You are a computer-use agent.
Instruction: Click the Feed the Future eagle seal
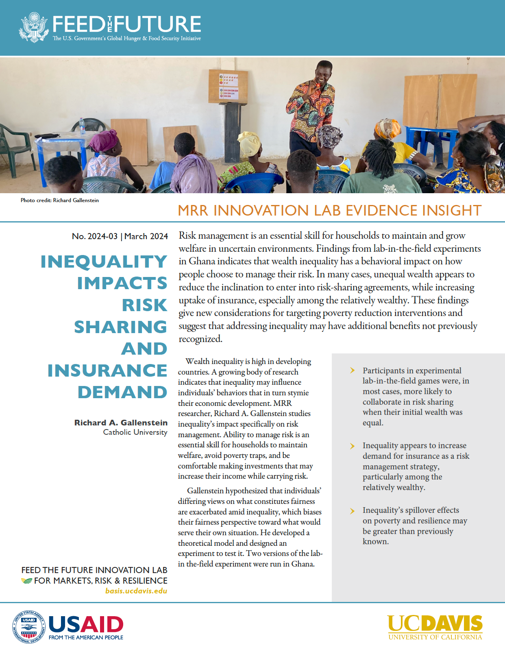tap(34, 27)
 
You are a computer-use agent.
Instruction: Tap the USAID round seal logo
tap(29, 627)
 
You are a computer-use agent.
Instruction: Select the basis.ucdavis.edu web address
tap(136, 591)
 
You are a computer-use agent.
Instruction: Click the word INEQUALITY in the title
tap(104, 262)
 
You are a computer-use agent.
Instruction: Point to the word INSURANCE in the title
tap(107, 371)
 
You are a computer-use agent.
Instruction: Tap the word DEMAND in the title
tap(122, 392)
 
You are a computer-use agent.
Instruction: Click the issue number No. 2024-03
tap(95, 236)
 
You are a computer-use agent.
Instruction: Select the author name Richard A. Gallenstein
tap(121, 423)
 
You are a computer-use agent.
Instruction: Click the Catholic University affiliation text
tap(135, 432)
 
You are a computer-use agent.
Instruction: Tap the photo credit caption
tap(60, 200)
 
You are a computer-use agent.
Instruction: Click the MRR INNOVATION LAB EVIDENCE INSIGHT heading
tap(330, 211)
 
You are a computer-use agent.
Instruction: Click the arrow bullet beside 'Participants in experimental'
tap(353, 371)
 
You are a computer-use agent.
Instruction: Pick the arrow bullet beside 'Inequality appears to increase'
tap(353, 446)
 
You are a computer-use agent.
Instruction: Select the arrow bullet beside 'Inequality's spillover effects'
tap(353, 510)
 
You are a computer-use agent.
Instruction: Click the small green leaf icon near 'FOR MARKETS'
tap(26, 581)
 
